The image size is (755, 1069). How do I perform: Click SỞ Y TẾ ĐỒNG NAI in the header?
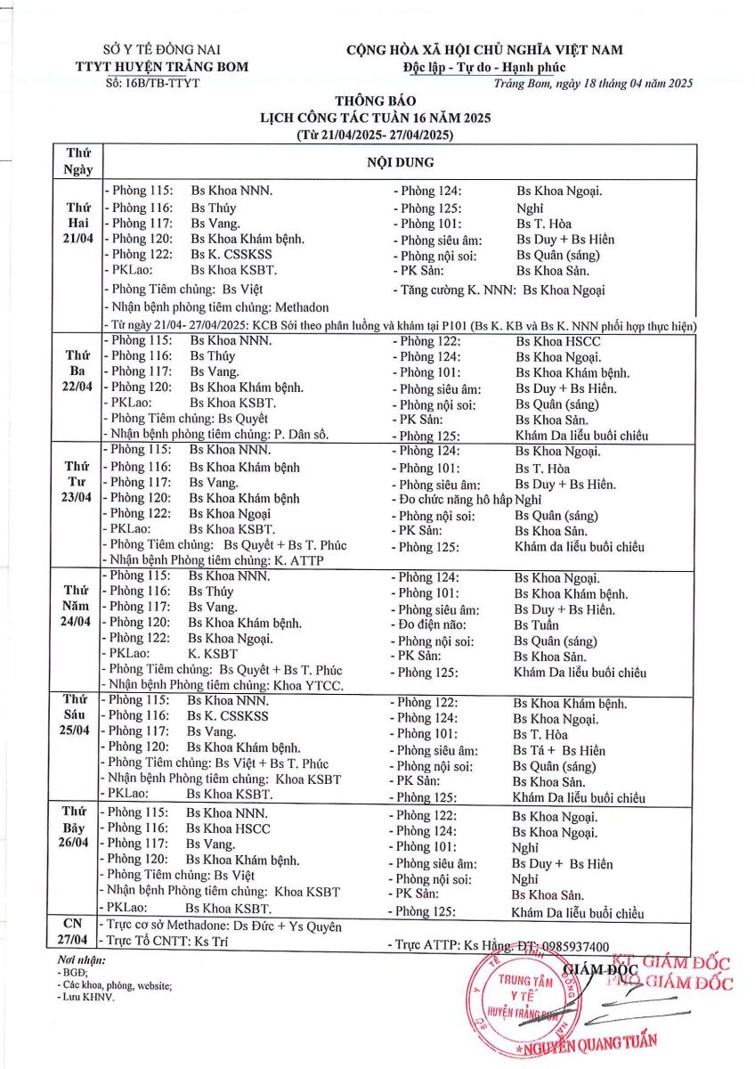(161, 50)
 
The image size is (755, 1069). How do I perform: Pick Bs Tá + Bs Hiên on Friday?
(558, 750)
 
